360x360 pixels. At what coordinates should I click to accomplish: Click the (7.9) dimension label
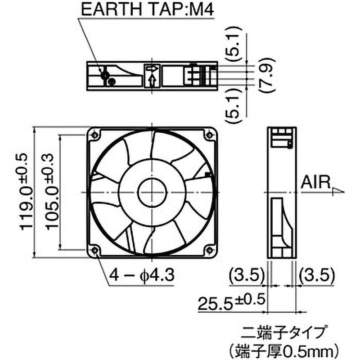click(266, 74)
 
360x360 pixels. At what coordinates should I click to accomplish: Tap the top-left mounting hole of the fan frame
click(94, 135)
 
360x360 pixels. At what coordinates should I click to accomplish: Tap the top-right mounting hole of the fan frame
click(210, 135)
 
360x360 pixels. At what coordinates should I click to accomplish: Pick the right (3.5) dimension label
click(316, 274)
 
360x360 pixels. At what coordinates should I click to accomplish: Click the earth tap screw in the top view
click(106, 75)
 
